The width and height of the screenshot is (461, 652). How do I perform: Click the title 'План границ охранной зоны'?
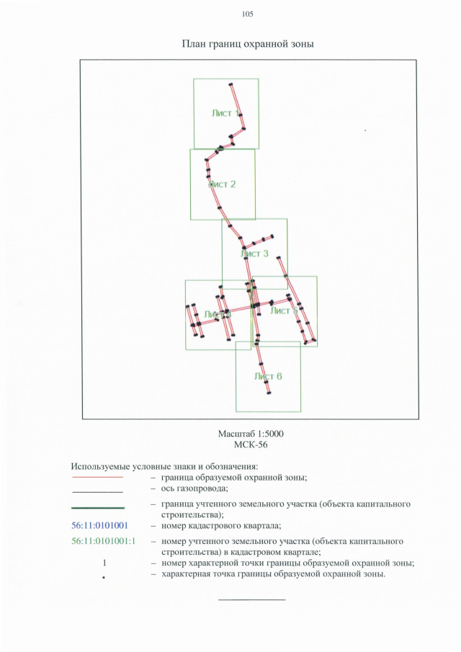[248, 45]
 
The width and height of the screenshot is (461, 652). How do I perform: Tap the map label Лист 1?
[225, 113]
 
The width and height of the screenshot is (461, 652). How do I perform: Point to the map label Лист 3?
[255, 254]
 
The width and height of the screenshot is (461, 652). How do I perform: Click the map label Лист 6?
[268, 376]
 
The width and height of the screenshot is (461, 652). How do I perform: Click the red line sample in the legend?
[97, 477]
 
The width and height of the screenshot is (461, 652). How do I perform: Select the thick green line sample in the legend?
[97, 509]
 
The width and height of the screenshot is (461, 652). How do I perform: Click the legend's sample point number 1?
[104, 563]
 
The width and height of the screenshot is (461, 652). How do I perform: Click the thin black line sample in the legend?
[97, 491]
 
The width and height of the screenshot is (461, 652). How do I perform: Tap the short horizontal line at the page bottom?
[251, 599]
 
